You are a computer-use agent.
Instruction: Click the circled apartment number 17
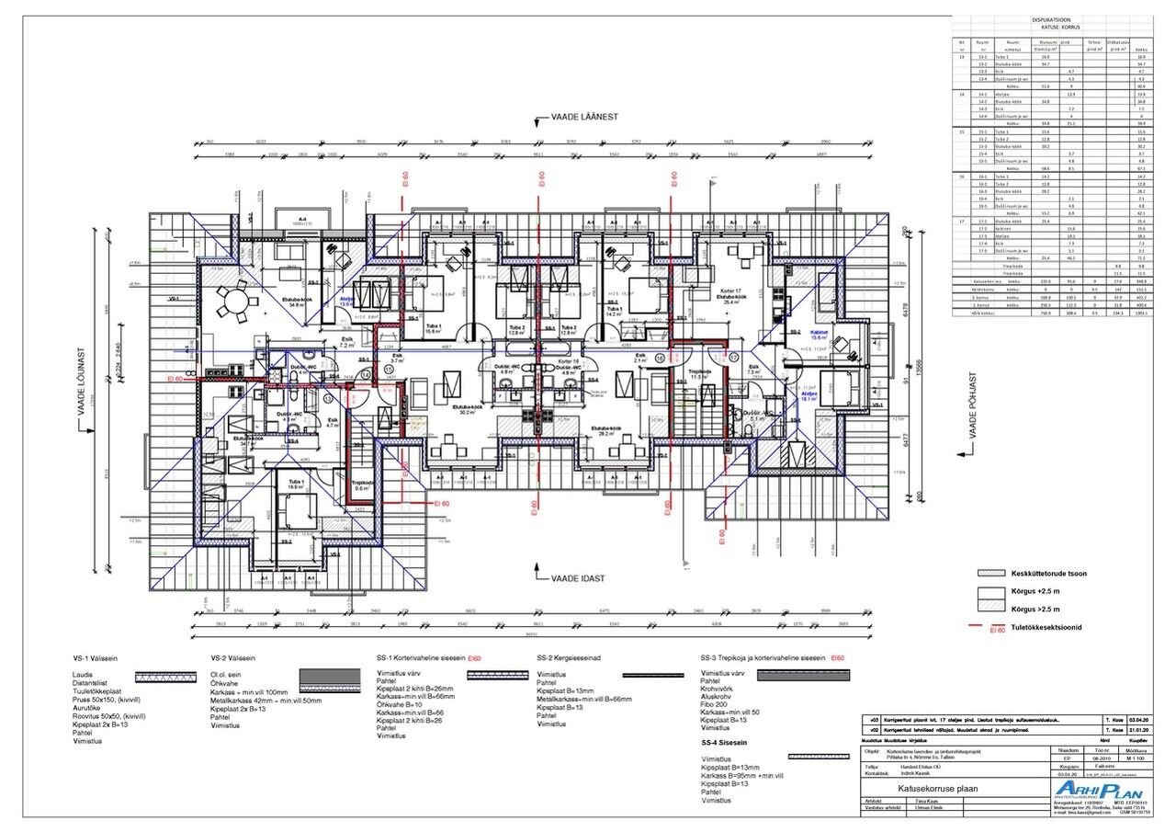click(732, 356)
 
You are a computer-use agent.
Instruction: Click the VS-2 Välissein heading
click(232, 658)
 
